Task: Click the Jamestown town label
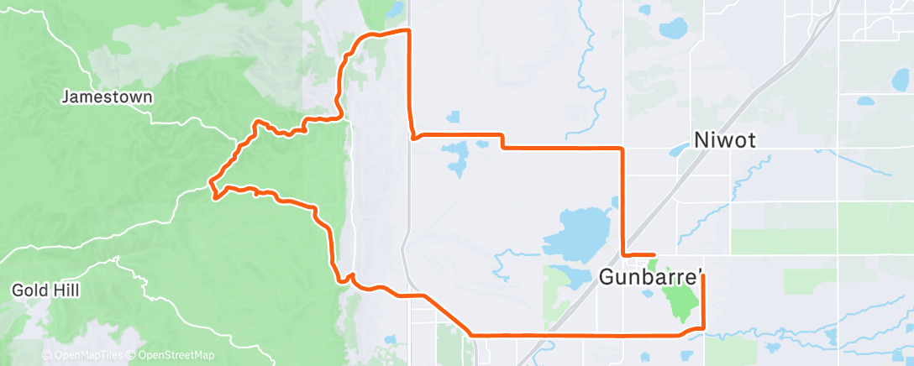click(108, 97)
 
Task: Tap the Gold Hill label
click(45, 290)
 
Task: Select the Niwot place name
click(726, 141)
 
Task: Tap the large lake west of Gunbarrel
click(578, 230)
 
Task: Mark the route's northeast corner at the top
click(409, 30)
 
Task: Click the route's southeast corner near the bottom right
click(701, 327)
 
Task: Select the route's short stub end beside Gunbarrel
click(654, 254)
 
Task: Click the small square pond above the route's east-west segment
click(454, 116)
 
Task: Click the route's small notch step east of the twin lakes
click(502, 141)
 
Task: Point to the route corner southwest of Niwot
click(622, 149)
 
